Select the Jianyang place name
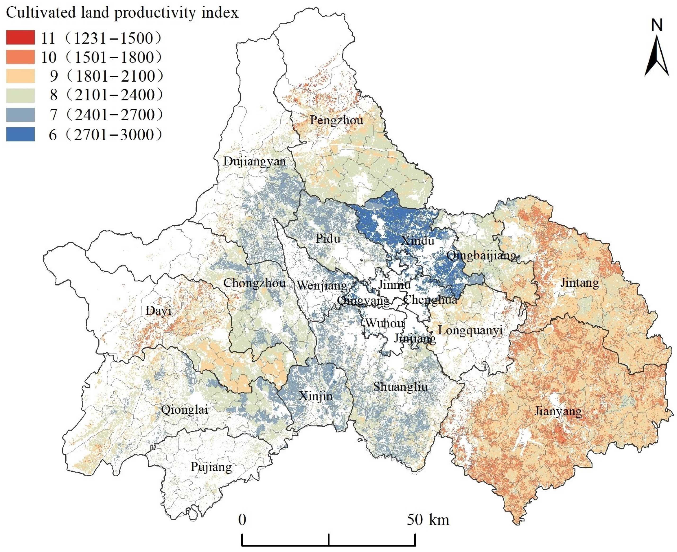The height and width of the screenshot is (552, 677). [558, 411]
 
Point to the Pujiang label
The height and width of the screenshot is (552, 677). [211, 467]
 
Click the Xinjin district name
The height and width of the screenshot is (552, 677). [316, 396]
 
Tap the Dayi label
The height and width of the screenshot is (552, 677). [158, 311]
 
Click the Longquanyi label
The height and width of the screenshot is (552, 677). [470, 330]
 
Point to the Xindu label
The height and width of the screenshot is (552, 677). [417, 240]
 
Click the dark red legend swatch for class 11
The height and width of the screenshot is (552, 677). [20, 38]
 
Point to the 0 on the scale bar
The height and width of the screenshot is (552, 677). [242, 520]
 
